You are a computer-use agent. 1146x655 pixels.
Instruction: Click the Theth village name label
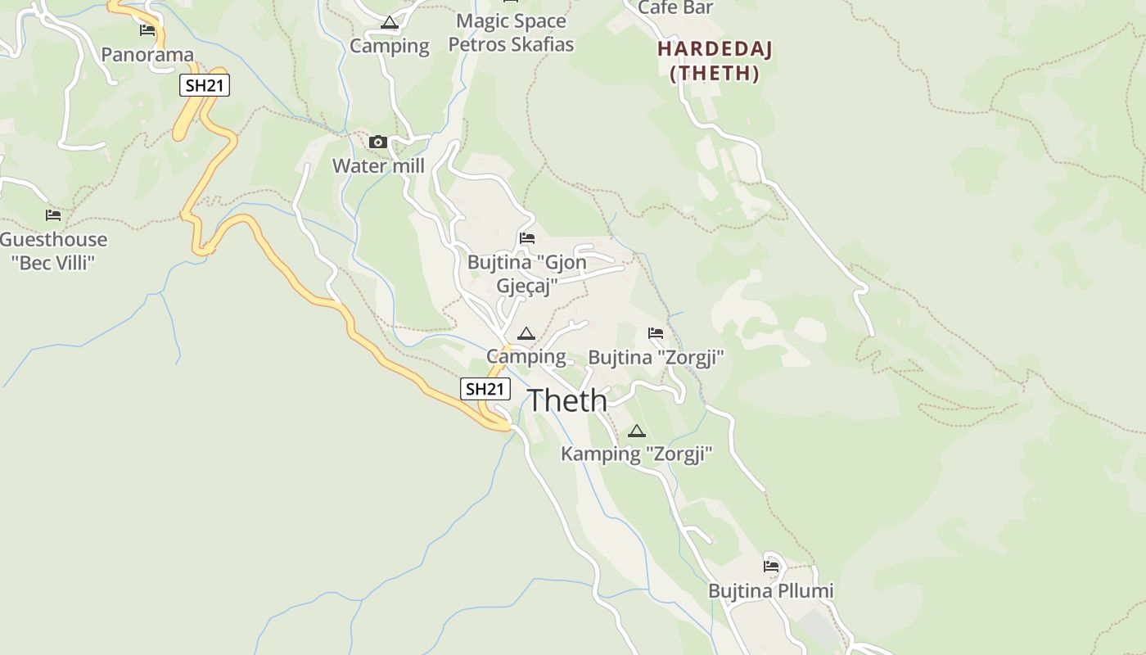[566, 400]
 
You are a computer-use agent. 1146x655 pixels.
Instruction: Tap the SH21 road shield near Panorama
[205, 85]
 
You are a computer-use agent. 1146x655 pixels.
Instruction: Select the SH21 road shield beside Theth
[485, 389]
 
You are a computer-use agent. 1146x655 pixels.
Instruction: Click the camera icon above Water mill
[377, 142]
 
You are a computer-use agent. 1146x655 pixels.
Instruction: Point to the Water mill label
[378, 166]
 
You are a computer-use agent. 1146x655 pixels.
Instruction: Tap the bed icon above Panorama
[147, 30]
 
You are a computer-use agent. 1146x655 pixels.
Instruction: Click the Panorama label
[147, 55]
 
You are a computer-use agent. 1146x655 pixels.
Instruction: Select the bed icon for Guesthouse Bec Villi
[53, 215]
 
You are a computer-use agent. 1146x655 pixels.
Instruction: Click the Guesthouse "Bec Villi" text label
[53, 251]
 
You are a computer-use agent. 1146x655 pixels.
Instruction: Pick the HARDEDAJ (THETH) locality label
[715, 61]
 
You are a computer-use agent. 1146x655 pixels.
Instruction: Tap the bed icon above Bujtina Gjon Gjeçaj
[527, 238]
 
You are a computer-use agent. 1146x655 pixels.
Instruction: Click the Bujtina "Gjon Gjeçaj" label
[527, 274]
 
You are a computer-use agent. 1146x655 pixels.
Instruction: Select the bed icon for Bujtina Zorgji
[656, 333]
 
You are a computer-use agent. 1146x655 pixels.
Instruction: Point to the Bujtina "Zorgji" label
[656, 358]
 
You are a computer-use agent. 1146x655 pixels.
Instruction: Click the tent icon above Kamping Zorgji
[637, 431]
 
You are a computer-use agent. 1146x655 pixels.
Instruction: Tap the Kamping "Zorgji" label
[637, 454]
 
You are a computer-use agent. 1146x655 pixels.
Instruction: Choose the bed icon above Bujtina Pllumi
[771, 566]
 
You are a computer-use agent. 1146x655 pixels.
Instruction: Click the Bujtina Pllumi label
[770, 590]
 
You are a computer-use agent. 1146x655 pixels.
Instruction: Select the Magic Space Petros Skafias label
[511, 33]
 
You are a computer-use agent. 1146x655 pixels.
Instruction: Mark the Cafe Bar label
[675, 7]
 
